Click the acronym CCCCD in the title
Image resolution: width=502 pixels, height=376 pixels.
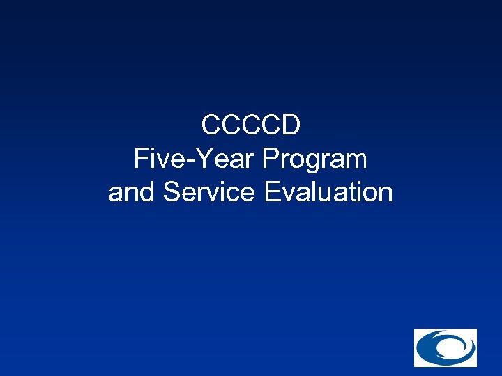[x=251, y=126]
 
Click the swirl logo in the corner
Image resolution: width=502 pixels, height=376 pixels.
[x=445, y=347]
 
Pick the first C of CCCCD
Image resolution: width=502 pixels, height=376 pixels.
[x=211, y=126]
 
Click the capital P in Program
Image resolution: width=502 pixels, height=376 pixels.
[x=270, y=159]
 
